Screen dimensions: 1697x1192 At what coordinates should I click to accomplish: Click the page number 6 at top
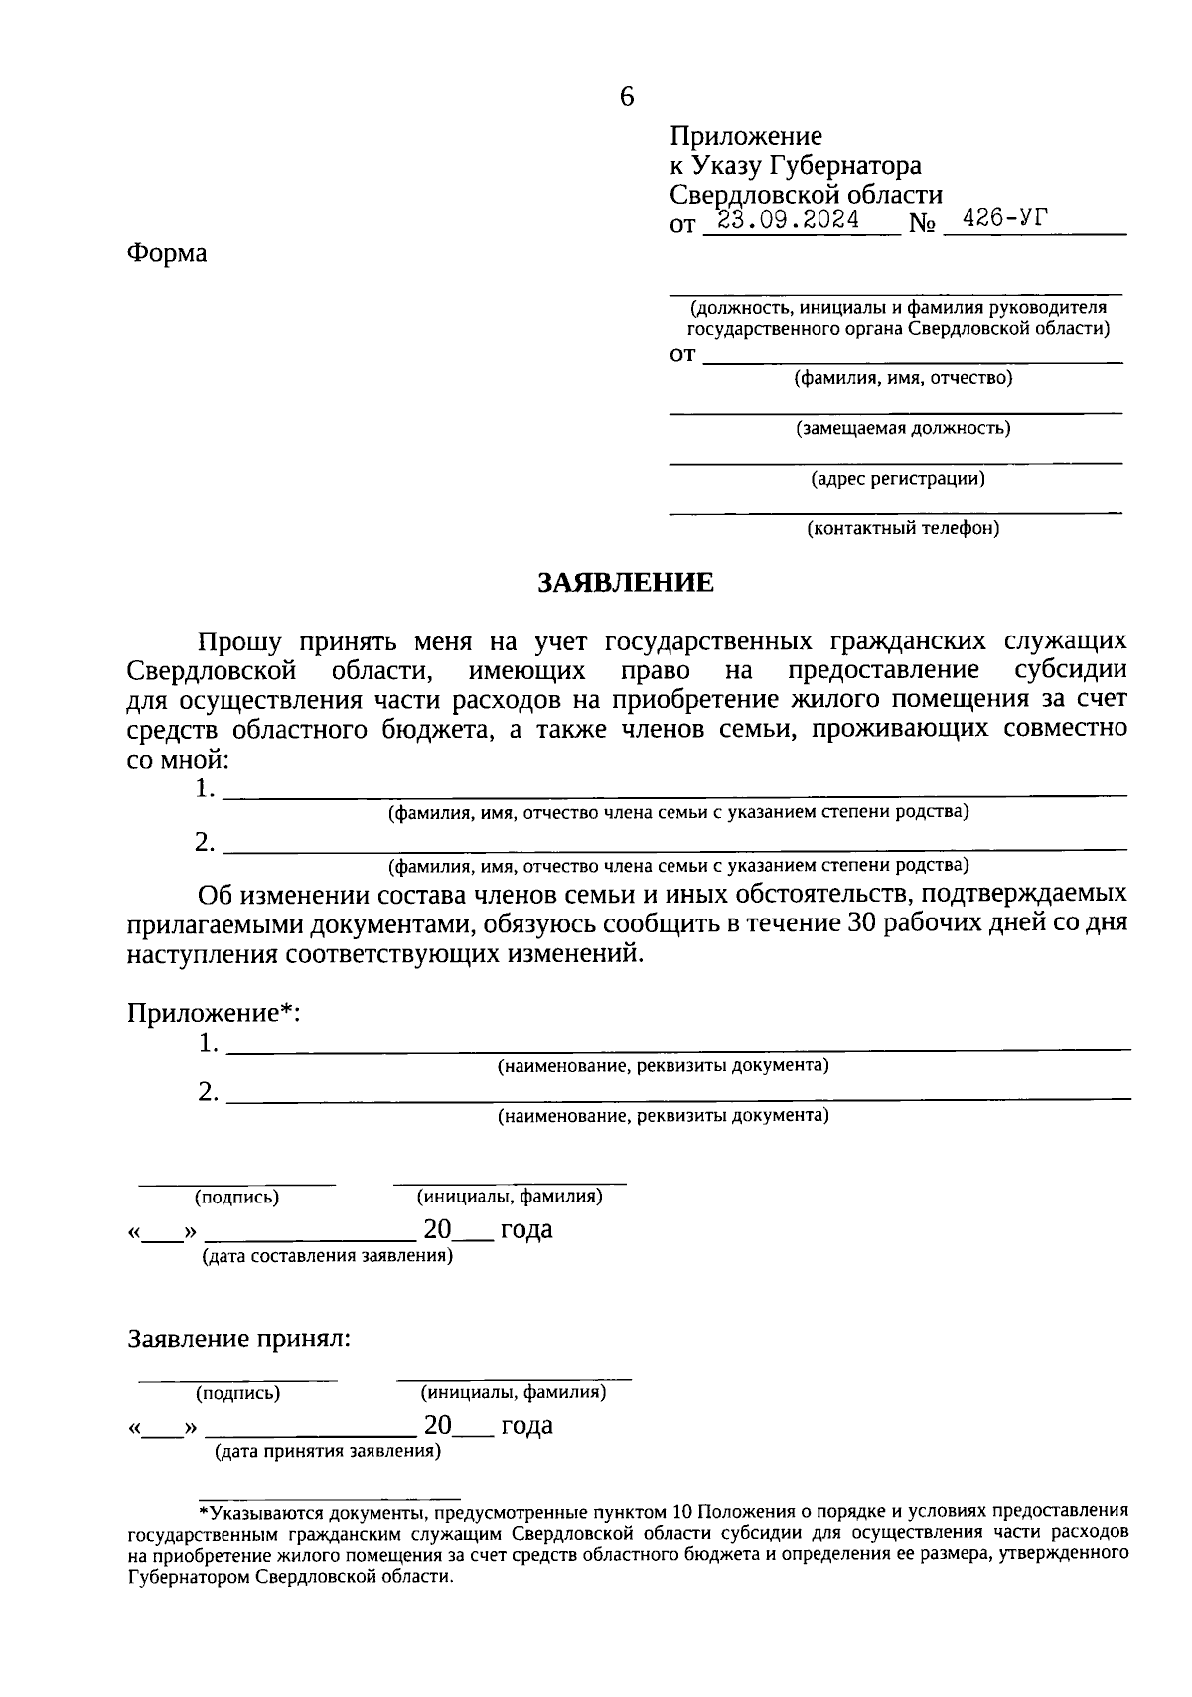[626, 97]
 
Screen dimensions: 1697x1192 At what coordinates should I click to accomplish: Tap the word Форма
[167, 253]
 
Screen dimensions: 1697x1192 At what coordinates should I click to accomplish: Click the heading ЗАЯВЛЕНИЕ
[626, 582]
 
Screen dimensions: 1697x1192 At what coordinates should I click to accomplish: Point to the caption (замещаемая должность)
[903, 428]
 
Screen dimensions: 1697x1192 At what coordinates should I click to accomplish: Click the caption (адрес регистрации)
[898, 479]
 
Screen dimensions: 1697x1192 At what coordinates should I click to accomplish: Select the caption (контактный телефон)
[902, 528]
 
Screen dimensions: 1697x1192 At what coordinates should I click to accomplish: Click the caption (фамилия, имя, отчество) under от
[903, 378]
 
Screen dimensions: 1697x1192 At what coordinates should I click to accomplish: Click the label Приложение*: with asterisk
[214, 1013]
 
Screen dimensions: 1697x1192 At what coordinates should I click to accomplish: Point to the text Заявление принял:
[239, 1339]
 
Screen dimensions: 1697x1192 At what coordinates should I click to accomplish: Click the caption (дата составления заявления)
[328, 1256]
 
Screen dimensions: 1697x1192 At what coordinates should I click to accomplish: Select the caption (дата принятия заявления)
[328, 1452]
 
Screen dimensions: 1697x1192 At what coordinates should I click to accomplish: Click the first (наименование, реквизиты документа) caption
[663, 1066]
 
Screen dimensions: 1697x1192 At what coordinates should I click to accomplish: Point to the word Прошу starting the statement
[239, 642]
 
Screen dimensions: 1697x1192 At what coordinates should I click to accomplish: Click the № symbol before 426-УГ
[922, 225]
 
